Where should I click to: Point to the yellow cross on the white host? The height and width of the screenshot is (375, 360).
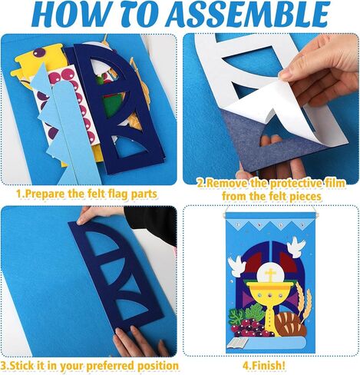click(270, 274)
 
